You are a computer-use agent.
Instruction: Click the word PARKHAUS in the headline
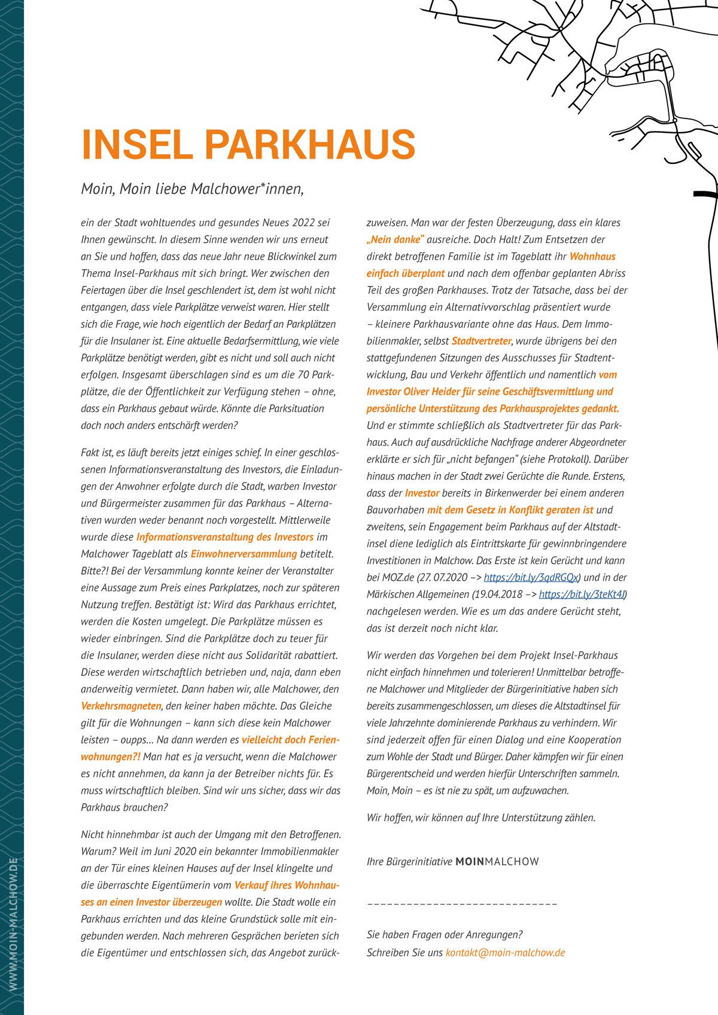(310, 144)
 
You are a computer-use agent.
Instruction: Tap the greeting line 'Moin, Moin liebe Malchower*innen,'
(193, 189)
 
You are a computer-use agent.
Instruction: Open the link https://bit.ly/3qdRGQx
(531, 578)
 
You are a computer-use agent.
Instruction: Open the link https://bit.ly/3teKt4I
(582, 595)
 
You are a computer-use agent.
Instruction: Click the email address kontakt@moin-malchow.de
(505, 952)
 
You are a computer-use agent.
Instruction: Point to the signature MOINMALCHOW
(497, 862)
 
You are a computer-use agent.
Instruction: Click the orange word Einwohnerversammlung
(244, 554)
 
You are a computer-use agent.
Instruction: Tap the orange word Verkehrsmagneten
(121, 706)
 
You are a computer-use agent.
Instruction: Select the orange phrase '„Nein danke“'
(395, 239)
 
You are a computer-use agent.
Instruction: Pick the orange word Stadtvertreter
(481, 341)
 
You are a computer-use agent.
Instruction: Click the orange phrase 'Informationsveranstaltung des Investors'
(225, 537)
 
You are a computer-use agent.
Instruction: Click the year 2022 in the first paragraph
(304, 222)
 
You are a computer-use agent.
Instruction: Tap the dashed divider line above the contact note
(462, 904)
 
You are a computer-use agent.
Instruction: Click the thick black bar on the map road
(705, 194)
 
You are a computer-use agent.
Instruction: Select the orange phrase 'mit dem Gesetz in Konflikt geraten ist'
(510, 510)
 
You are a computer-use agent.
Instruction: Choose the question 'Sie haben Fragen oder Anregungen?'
(445, 935)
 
